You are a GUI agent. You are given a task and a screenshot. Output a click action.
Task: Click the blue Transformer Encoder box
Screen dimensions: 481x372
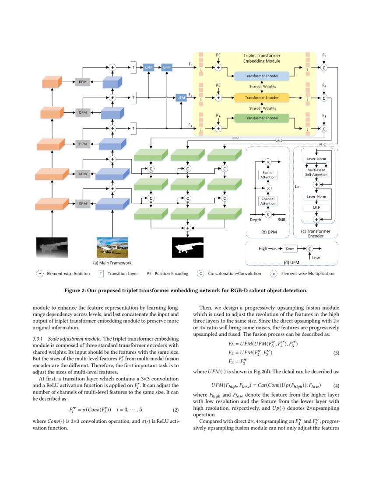(262, 76)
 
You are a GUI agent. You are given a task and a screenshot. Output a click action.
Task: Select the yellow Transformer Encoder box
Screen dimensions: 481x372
(262, 97)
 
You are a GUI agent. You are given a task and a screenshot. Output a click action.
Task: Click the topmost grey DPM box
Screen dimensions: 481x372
(82, 82)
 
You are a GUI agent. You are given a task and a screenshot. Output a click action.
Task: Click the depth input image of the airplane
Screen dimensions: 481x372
(52, 247)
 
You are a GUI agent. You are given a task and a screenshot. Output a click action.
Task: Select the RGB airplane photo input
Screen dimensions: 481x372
(112, 247)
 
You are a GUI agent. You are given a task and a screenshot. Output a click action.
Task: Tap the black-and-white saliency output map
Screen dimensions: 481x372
(188, 248)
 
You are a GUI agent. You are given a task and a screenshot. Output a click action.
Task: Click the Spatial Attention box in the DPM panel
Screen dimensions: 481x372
(268, 174)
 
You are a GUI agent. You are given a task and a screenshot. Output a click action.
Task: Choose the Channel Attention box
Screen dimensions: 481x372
(268, 201)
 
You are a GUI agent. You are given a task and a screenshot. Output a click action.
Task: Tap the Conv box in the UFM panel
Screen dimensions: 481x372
(289, 248)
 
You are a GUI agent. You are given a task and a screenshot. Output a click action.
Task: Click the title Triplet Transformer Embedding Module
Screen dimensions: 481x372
(262, 59)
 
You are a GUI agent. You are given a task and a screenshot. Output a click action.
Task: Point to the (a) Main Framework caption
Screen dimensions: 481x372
(112, 263)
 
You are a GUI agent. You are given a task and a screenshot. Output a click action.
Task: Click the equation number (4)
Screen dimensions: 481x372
(336, 385)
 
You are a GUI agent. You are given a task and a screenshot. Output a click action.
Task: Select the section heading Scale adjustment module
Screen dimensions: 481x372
(75, 339)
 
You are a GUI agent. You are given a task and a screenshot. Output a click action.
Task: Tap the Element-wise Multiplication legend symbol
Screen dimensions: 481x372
(274, 274)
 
